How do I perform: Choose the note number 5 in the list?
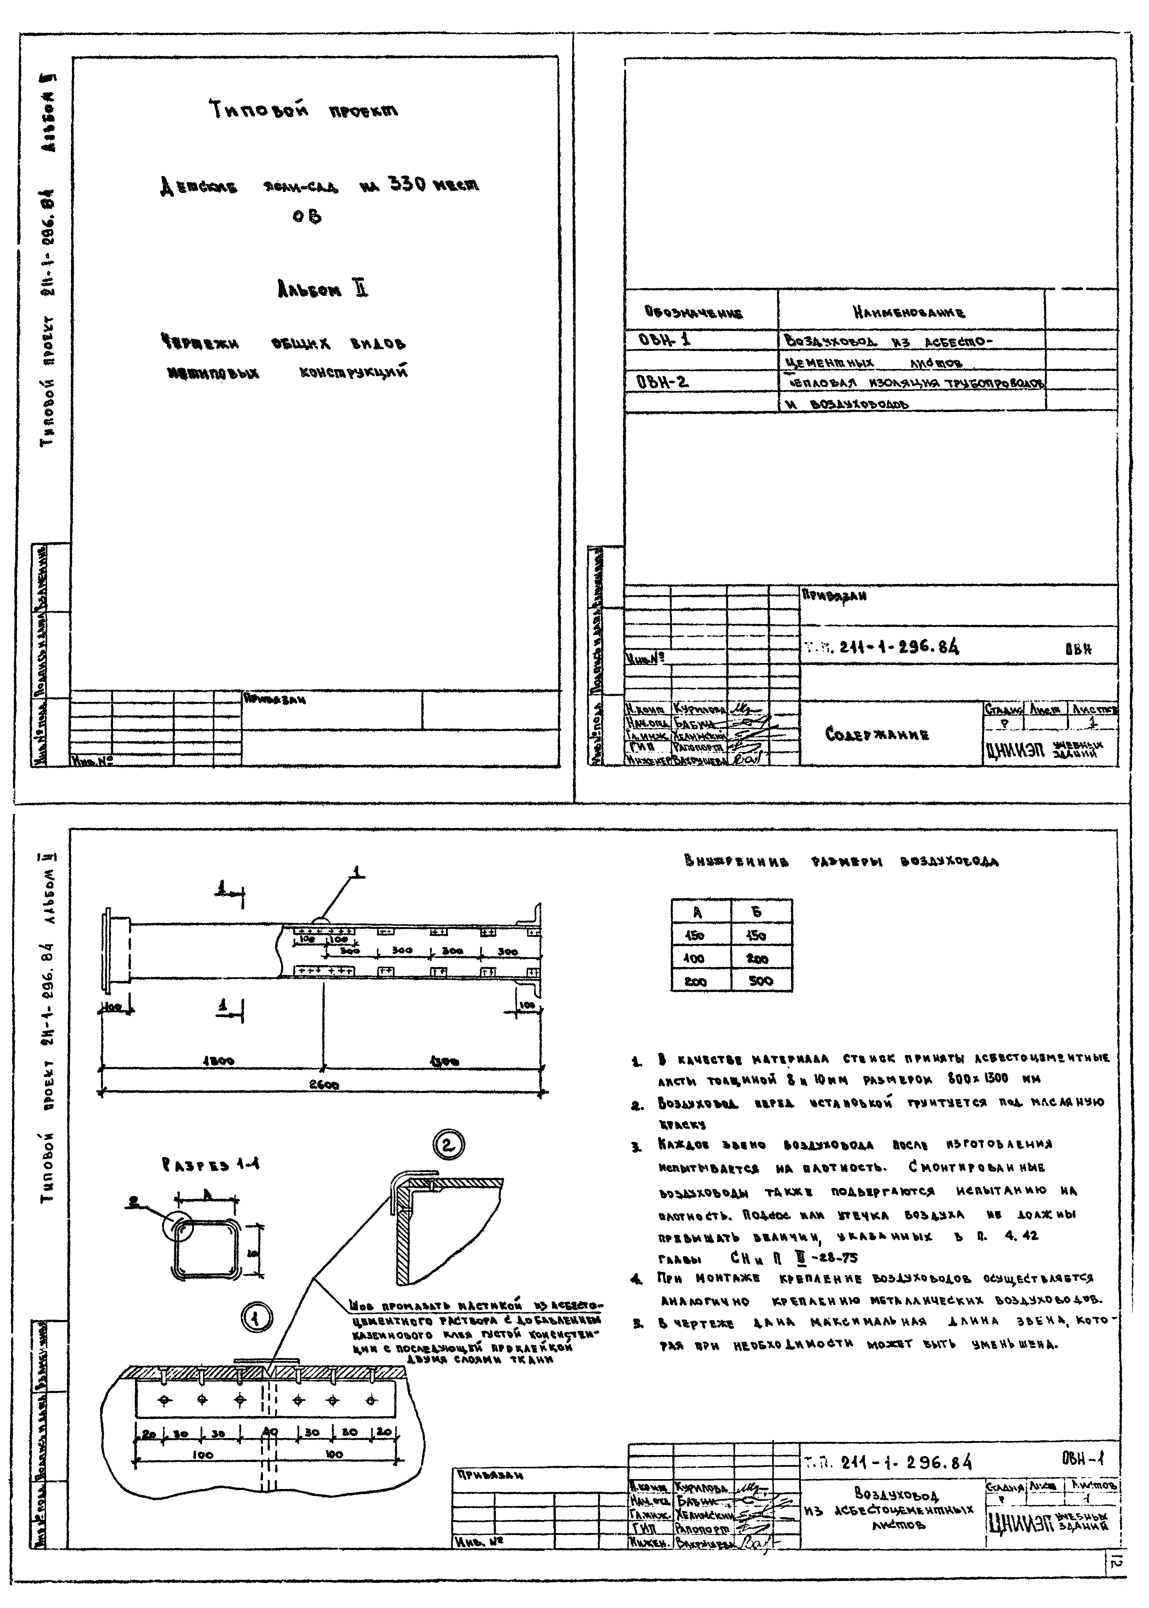coord(637,1322)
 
